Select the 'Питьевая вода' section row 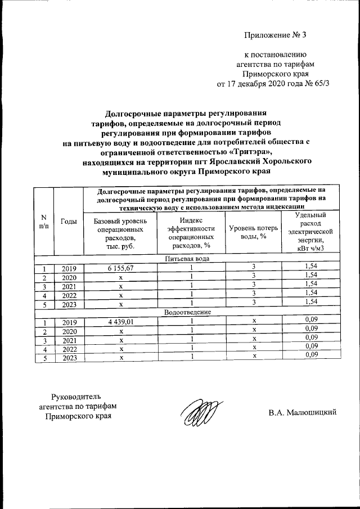[188, 258]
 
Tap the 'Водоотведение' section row [188, 312]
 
